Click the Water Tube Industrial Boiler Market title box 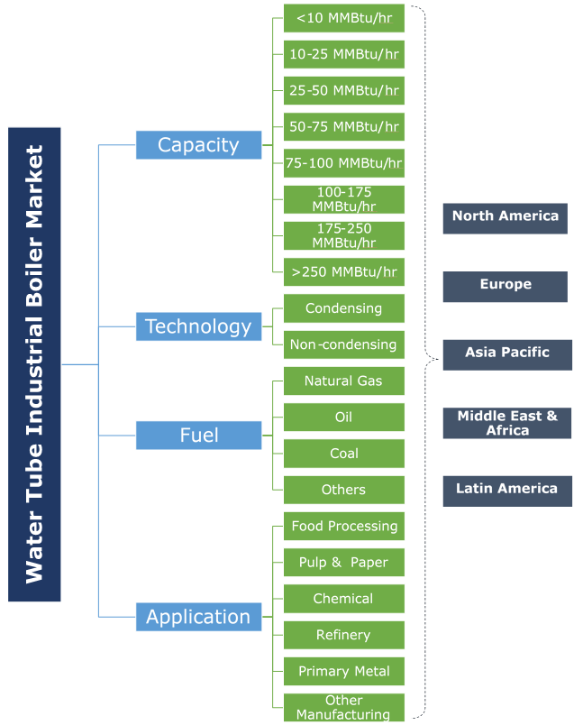(34, 364)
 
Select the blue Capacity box (198, 144)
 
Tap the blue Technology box (198, 326)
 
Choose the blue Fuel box (198, 436)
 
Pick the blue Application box (198, 617)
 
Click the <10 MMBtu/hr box (343, 18)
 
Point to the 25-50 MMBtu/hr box (343, 90)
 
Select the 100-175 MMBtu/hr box (343, 199)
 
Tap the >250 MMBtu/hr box (343, 271)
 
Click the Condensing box (343, 308)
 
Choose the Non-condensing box (343, 344)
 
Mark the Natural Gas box (343, 381)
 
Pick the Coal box (343, 454)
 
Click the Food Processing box (343, 526)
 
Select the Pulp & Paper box (343, 563)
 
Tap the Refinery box (343, 635)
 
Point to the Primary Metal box (343, 671)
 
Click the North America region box (505, 217)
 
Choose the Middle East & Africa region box (506, 423)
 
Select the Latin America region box (506, 490)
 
